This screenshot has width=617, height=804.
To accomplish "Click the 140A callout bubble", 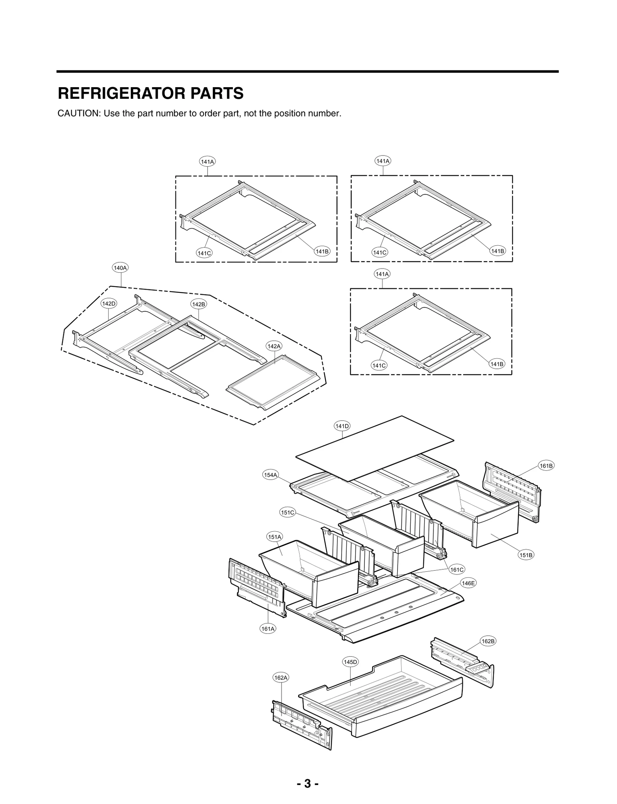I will (120, 268).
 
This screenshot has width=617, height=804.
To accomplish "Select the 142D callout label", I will (108, 304).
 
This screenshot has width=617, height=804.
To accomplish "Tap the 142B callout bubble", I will (199, 304).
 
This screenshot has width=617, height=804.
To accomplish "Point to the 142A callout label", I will (274, 346).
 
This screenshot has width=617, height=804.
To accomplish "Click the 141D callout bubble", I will (342, 426).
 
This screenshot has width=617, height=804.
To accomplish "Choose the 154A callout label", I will (270, 475).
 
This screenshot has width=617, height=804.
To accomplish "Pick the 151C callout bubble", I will (287, 513).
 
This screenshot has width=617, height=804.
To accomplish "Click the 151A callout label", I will (275, 537).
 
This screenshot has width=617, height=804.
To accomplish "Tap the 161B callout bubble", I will (546, 466).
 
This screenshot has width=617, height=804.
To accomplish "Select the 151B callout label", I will (526, 555).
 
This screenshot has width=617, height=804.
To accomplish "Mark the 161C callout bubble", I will (457, 569).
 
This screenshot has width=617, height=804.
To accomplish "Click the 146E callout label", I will (468, 583).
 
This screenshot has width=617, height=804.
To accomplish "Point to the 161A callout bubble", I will (268, 629).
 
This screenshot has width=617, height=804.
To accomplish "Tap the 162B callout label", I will (488, 641).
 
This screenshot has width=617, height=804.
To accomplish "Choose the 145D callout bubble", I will (351, 662).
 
